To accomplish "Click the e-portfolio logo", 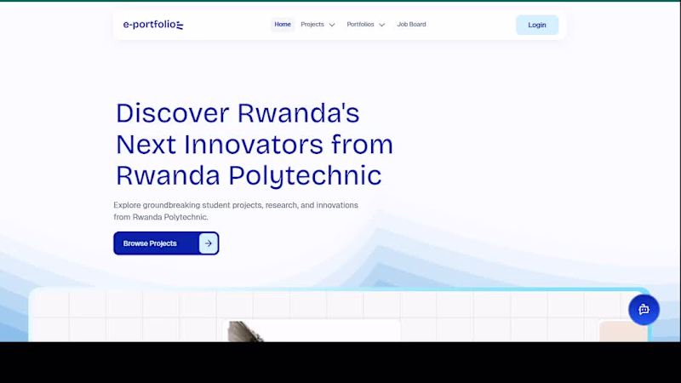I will click(153, 25).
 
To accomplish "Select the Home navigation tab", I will click(283, 25).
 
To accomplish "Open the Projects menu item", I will click(312, 25).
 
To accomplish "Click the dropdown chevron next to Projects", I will click(332, 26).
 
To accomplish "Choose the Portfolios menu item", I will click(360, 25).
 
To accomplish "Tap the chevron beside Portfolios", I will click(381, 26).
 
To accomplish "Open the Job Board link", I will click(411, 25).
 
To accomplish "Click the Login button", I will click(537, 25).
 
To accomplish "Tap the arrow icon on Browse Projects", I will click(209, 243).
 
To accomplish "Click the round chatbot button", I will click(644, 310).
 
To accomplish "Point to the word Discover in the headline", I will click(173, 113).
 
